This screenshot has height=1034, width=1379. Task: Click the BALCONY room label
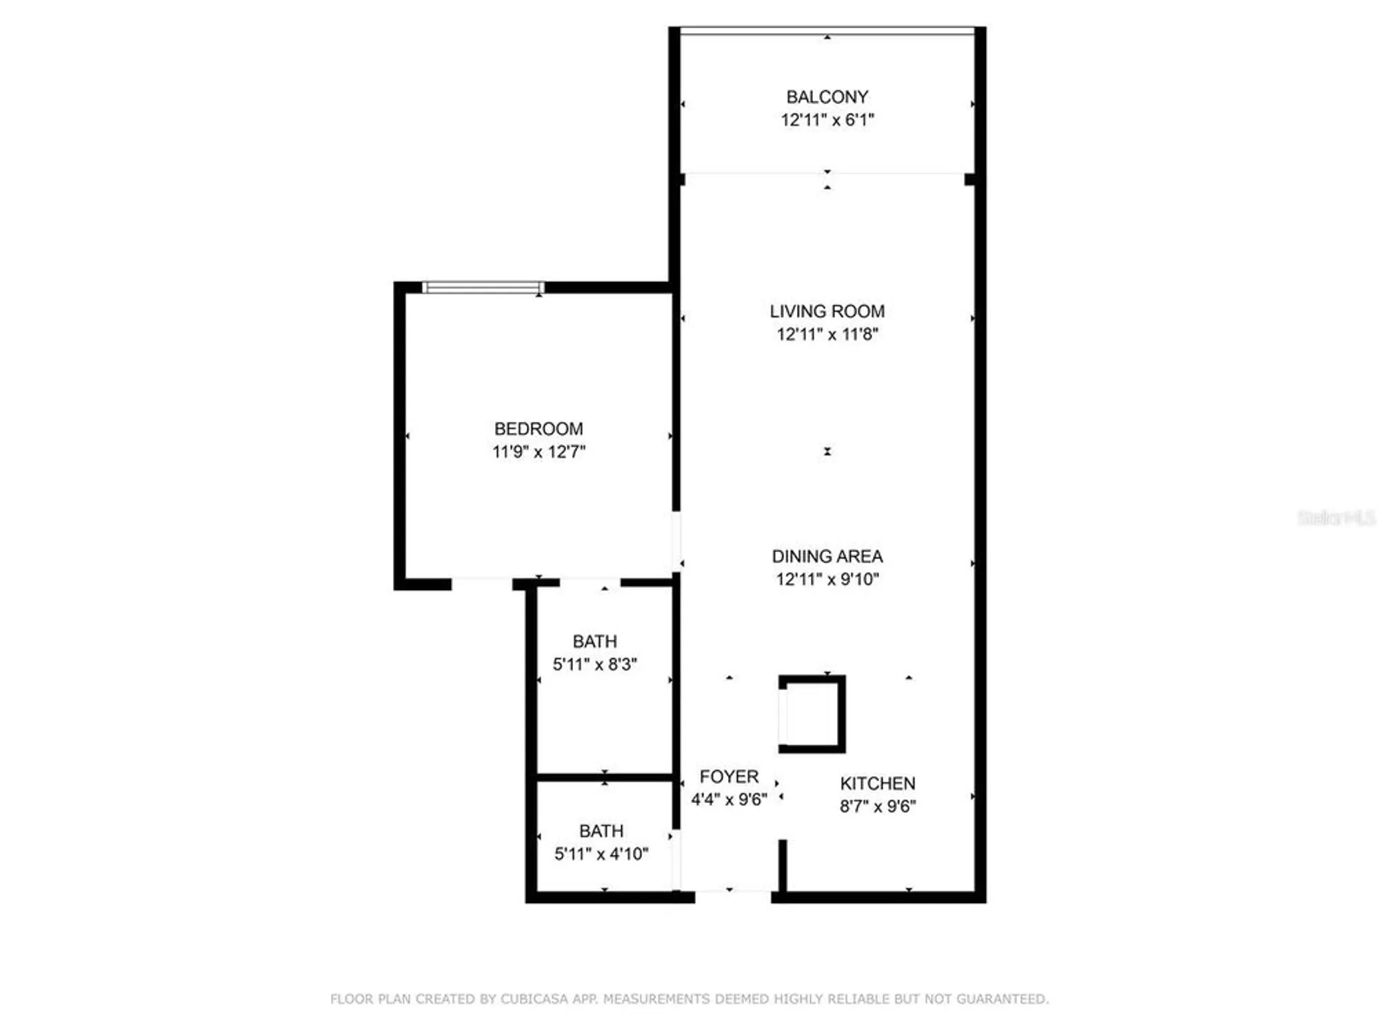pyautogui.click(x=827, y=97)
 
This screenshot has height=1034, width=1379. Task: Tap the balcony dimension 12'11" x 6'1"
pyautogui.click(x=827, y=120)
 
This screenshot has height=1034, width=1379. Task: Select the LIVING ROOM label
pyautogui.click(x=827, y=312)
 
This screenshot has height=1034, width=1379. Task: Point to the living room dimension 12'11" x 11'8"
pyautogui.click(x=827, y=334)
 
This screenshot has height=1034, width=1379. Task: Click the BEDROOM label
pyautogui.click(x=538, y=429)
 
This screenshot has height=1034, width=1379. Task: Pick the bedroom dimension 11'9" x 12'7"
pyautogui.click(x=538, y=452)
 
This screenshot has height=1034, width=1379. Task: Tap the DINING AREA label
pyautogui.click(x=827, y=556)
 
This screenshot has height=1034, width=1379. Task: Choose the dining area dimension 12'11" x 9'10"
pyautogui.click(x=827, y=579)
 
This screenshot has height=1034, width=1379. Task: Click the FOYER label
pyautogui.click(x=729, y=777)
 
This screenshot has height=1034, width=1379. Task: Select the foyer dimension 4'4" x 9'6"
pyautogui.click(x=729, y=800)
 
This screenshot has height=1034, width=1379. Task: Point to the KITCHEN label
pyautogui.click(x=877, y=784)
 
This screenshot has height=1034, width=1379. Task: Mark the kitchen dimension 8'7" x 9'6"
pyautogui.click(x=877, y=807)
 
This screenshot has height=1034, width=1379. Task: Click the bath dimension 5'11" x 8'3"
pyautogui.click(x=594, y=665)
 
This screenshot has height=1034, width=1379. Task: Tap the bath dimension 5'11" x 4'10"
pyautogui.click(x=601, y=854)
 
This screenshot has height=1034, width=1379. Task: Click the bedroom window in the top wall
pyautogui.click(x=483, y=287)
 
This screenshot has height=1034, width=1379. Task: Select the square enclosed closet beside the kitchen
pyautogui.click(x=812, y=714)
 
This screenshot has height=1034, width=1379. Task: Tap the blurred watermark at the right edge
pyautogui.click(x=1336, y=518)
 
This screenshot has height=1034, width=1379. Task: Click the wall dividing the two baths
pyautogui.click(x=605, y=778)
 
